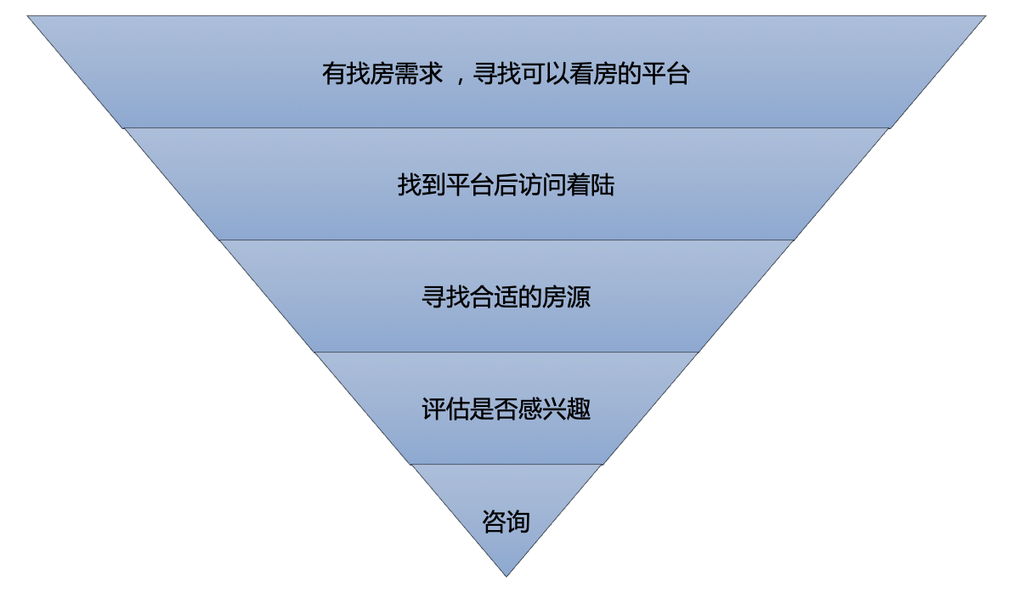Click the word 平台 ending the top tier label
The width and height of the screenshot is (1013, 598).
point(665,74)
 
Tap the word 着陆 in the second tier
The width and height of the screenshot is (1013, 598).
point(591,185)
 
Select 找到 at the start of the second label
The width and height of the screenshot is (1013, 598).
point(422,185)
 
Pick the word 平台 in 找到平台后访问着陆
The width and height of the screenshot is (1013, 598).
point(470,185)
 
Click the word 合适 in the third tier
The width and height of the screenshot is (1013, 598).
point(494,297)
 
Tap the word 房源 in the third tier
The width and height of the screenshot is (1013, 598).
point(566,297)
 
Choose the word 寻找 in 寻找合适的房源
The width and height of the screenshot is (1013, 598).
point(445,297)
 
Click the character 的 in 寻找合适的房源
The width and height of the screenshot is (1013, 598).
point(529,297)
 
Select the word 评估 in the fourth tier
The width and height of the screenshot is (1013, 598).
point(445,409)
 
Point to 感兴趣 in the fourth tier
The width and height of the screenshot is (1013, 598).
point(554,409)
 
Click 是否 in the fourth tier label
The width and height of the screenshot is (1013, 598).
point(494,409)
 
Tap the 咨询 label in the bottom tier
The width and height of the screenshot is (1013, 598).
point(506,521)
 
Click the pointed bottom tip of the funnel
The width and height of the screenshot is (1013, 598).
point(506,574)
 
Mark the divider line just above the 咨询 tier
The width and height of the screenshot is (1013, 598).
point(506,465)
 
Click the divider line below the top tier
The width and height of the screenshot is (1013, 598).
point(506,128)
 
